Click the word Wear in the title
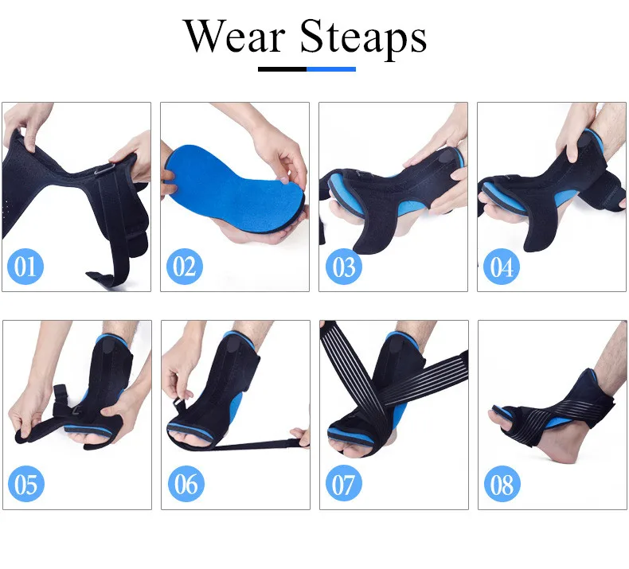pos(235,37)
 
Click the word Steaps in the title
pos(363,39)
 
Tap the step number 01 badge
pos(25,267)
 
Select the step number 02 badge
pos(184,267)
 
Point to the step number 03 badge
pos(343,267)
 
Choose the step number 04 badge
pos(502,267)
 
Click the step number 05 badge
pos(26,484)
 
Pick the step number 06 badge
pos(186,484)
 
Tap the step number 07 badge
pos(343,484)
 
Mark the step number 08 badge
pos(502,484)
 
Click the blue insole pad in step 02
pos(235,189)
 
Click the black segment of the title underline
pos(283,69)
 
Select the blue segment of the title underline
pos(331,69)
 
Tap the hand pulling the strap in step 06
pos(301,437)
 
